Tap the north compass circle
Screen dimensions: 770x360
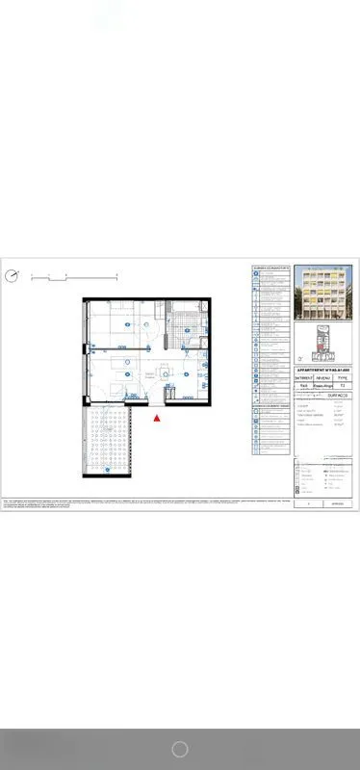[x=12, y=276]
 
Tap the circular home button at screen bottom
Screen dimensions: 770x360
[x=179, y=749]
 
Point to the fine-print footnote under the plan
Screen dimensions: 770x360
[x=144, y=502]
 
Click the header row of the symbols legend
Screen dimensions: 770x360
[x=270, y=267]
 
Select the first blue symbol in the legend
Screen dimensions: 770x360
[x=256, y=273]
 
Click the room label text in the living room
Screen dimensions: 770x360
[x=149, y=375]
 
